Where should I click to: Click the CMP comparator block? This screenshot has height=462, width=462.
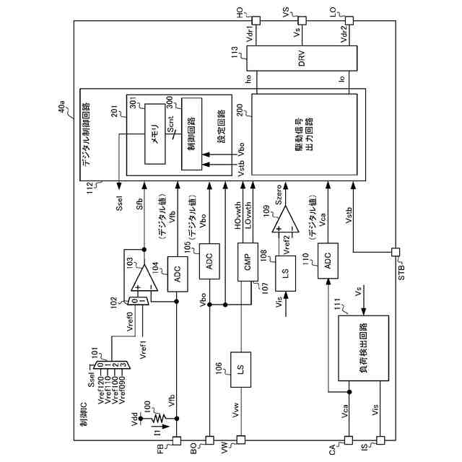245,263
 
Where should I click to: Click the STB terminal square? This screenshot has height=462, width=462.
395,253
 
